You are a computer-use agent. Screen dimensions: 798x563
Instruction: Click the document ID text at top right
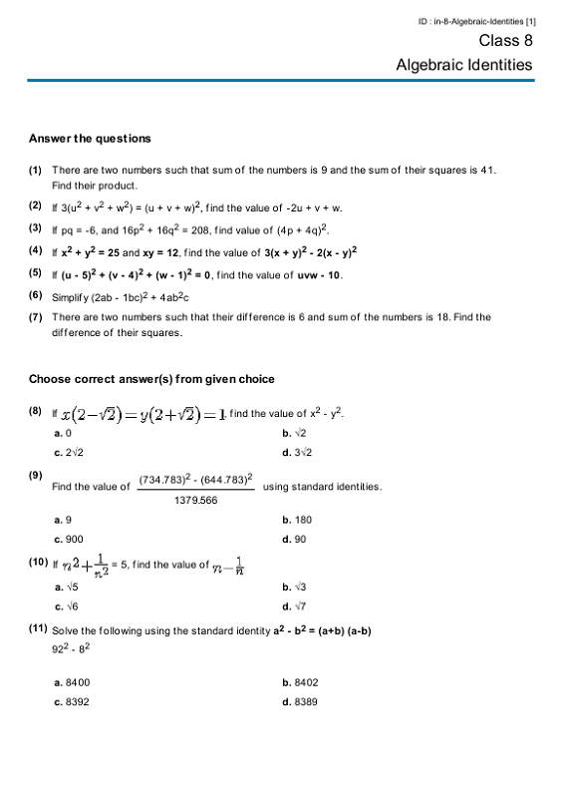point(477,21)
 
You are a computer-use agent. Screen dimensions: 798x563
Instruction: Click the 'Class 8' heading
point(505,41)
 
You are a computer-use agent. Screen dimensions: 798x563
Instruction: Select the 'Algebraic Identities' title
point(463,65)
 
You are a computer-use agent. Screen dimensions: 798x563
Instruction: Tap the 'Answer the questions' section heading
point(90,139)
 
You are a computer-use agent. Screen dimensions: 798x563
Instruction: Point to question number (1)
point(35,171)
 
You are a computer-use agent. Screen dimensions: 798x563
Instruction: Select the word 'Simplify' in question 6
point(70,296)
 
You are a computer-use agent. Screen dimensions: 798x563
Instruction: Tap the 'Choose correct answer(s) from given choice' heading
point(151,379)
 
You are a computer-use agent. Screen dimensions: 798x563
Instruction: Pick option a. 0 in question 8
point(62,434)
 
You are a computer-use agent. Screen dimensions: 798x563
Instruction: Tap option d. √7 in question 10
point(295,605)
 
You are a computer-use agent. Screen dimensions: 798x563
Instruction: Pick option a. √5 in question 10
point(65,587)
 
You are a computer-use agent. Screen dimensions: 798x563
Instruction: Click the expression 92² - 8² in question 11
point(73,649)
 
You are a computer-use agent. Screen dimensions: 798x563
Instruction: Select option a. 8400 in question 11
point(72,683)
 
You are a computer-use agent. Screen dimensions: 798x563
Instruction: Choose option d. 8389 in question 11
point(300,702)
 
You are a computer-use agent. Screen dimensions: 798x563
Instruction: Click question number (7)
point(35,317)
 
